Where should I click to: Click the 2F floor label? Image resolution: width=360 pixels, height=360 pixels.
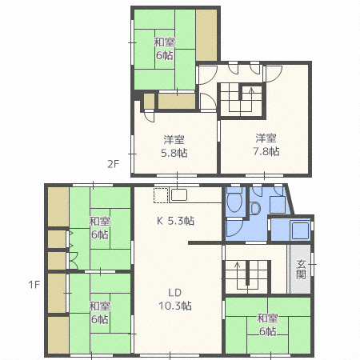113,164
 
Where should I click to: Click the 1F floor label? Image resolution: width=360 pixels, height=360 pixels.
34,285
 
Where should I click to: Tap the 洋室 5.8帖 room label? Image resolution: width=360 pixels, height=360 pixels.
174,146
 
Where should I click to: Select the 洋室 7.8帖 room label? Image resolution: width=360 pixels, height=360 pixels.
266,145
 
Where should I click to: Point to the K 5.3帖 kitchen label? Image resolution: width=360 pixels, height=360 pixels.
175,221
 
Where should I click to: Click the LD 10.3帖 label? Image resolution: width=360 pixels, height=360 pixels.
175,299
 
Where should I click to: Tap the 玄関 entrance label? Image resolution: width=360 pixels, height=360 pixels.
301,269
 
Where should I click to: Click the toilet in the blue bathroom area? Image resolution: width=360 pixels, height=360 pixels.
234,201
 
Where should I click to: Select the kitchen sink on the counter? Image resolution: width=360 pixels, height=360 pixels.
179,195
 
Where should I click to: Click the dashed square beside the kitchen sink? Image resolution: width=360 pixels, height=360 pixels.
161,195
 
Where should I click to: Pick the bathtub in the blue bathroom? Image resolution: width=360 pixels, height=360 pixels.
300,230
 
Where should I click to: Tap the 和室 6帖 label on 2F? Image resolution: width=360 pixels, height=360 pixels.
164,49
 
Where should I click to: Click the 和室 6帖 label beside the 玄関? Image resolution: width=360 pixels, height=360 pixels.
267,325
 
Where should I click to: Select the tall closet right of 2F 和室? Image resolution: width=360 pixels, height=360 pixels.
206,35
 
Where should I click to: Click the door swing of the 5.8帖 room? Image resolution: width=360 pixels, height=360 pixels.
149,116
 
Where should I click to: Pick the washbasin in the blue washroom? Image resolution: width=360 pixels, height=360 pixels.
255,208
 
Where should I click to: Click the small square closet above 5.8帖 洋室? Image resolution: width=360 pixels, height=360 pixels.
149,101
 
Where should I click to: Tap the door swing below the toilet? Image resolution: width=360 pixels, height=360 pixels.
234,227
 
